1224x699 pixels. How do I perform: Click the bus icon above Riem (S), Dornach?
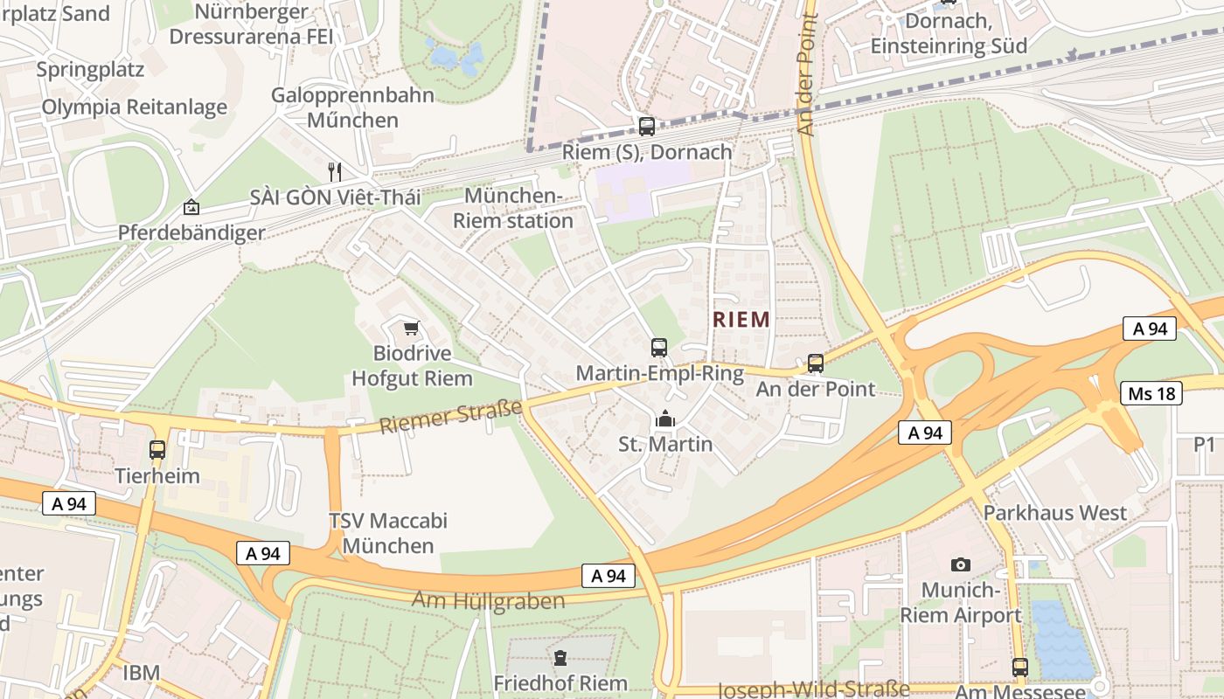[x=647, y=127]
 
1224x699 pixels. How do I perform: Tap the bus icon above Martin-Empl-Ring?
[x=659, y=348]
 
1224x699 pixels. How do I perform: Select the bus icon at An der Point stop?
[x=816, y=363]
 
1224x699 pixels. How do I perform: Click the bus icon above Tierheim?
[x=157, y=450]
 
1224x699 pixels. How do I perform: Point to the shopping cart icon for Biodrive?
[x=411, y=329]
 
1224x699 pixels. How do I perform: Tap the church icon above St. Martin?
[x=665, y=419]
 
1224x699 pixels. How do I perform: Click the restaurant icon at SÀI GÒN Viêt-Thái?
[x=334, y=171]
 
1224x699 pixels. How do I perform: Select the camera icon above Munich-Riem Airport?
[x=961, y=564]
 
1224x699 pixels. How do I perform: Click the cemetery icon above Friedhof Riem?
[x=560, y=657]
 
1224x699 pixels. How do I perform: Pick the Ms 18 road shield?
[x=1151, y=393]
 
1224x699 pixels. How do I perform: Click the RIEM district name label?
[x=741, y=320]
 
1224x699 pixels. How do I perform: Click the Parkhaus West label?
[x=1055, y=513]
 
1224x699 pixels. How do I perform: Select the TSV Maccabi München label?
[x=387, y=533]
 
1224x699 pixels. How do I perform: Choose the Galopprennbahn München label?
[x=352, y=107]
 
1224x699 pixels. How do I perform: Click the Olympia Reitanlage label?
[x=135, y=107]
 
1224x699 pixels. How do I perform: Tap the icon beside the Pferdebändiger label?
[x=191, y=207]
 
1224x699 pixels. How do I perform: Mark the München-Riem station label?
[x=512, y=208]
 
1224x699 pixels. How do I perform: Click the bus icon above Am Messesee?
[x=1019, y=668]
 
